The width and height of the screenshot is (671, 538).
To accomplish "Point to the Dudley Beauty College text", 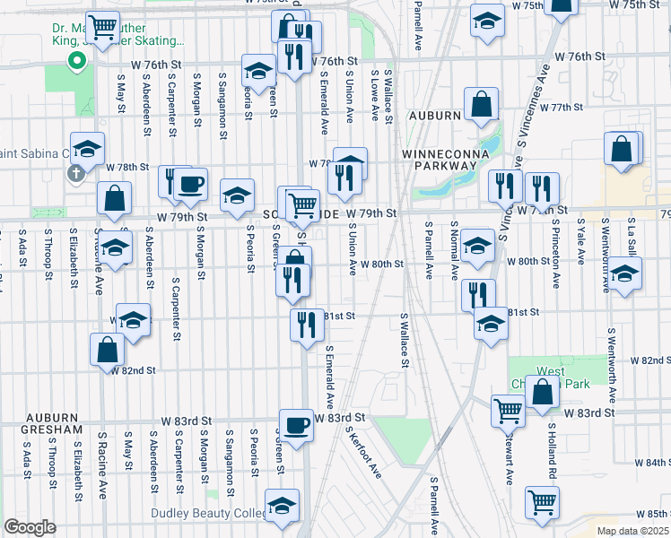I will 210,514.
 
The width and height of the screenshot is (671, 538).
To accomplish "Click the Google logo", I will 30,527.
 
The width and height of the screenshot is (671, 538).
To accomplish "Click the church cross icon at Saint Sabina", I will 76,171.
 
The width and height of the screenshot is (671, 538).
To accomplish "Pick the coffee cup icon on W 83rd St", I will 295,423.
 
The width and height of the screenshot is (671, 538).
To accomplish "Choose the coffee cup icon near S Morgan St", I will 190,184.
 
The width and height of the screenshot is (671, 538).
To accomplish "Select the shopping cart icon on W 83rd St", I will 509,410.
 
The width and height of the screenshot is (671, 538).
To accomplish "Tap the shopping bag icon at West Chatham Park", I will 543,391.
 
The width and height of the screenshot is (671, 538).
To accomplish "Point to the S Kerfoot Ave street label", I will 364,451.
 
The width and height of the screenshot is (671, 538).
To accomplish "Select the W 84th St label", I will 651,463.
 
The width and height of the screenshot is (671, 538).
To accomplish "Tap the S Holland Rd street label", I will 553,456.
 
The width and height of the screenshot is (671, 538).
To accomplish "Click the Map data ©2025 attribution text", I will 632,531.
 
